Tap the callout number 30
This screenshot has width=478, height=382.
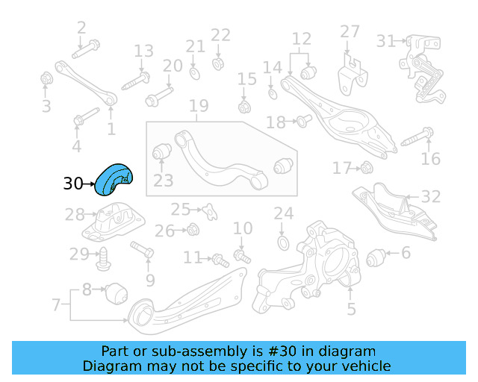pos(73,184)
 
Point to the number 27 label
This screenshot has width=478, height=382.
pos(350,31)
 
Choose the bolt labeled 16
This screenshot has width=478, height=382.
pos(418,137)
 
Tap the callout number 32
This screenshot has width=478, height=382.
pos(431,197)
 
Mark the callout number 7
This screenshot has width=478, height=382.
pos(56,304)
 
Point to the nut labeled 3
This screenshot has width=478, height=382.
pos(46,78)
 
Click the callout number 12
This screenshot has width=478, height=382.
pos(301,39)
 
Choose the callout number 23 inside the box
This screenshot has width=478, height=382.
pos(163,180)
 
